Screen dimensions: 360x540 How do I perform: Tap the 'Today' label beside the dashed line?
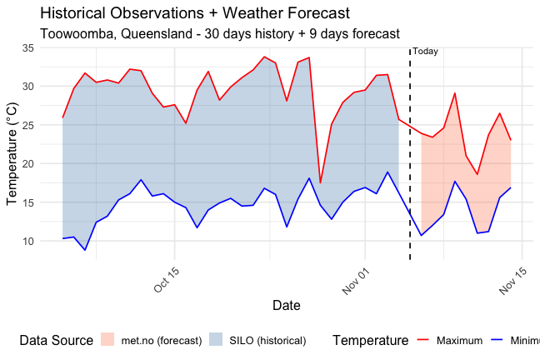coord(425,52)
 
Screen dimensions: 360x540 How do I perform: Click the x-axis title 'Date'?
coord(287,306)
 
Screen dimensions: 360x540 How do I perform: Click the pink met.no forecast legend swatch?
coord(107,340)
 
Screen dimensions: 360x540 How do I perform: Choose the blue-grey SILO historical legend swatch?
coord(216,340)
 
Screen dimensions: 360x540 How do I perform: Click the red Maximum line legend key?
coord(422,340)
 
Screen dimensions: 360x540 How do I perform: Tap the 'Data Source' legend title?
coord(56,340)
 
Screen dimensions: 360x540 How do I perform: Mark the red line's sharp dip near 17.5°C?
coord(320,182)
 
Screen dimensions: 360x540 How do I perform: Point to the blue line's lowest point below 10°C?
coord(85,250)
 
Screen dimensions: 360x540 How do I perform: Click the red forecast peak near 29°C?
coord(454,93)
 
